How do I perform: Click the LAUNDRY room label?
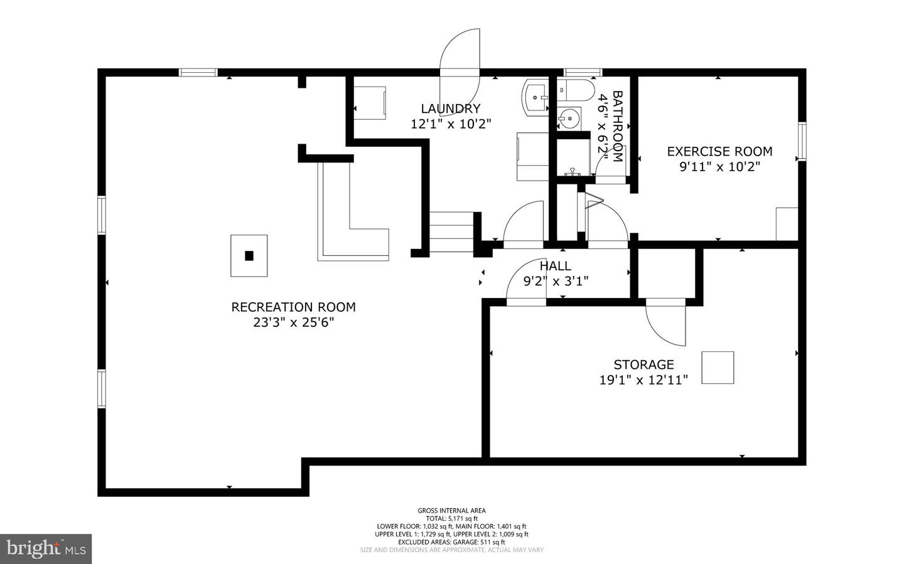pyautogui.click(x=450, y=109)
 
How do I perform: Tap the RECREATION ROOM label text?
pyautogui.click(x=293, y=307)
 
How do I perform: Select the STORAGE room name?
pyautogui.click(x=643, y=364)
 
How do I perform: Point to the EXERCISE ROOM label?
pyautogui.click(x=719, y=151)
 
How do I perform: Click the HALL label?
pyautogui.click(x=556, y=266)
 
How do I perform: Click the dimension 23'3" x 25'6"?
pyautogui.click(x=293, y=322)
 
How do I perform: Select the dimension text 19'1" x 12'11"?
pyautogui.click(x=643, y=380)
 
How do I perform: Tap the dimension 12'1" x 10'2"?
pyautogui.click(x=451, y=124)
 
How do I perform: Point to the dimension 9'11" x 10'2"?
pyautogui.click(x=719, y=167)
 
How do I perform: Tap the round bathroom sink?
pyautogui.click(x=569, y=119)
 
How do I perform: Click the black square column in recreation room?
pyautogui.click(x=249, y=256)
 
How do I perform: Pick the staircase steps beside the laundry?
pyautogui.click(x=451, y=232)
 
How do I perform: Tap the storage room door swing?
pyautogui.click(x=665, y=322)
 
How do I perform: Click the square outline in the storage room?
pyautogui.click(x=718, y=368)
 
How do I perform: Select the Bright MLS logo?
pyautogui.click(x=46, y=549)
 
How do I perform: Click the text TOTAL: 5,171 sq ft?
pyautogui.click(x=452, y=518)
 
